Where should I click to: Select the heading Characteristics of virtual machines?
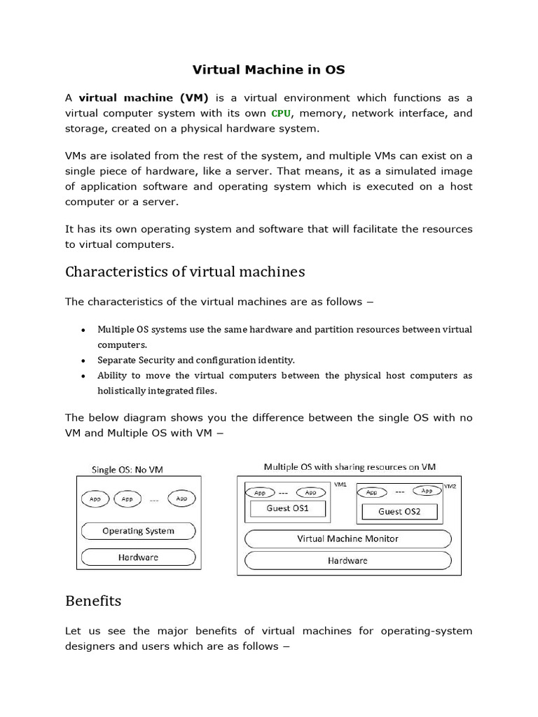click(x=185, y=271)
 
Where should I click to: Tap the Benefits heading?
click(x=93, y=601)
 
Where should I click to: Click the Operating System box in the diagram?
click(x=138, y=531)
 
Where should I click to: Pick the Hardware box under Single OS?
click(x=138, y=557)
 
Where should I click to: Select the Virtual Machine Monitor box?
click(x=348, y=538)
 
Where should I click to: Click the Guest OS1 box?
click(x=288, y=508)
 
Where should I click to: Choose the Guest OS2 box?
click(x=399, y=511)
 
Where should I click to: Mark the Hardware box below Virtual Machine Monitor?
click(x=348, y=561)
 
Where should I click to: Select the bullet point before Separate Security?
click(x=83, y=361)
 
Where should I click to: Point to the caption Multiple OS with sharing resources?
click(x=349, y=466)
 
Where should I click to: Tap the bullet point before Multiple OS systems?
click(x=83, y=330)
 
